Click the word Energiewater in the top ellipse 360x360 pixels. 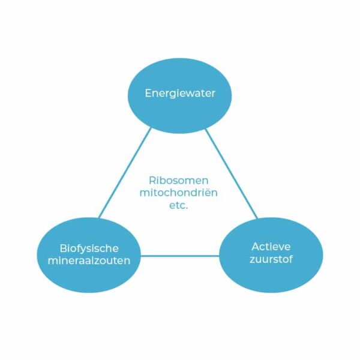pyautogui.click(x=180, y=94)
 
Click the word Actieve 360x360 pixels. pyautogui.click(x=271, y=247)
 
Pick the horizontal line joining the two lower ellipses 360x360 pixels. pyautogui.click(x=180, y=256)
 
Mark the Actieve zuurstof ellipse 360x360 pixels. pyautogui.click(x=271, y=273)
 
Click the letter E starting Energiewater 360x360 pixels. pyautogui.click(x=148, y=94)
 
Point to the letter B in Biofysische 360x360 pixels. pyautogui.click(x=62, y=248)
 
